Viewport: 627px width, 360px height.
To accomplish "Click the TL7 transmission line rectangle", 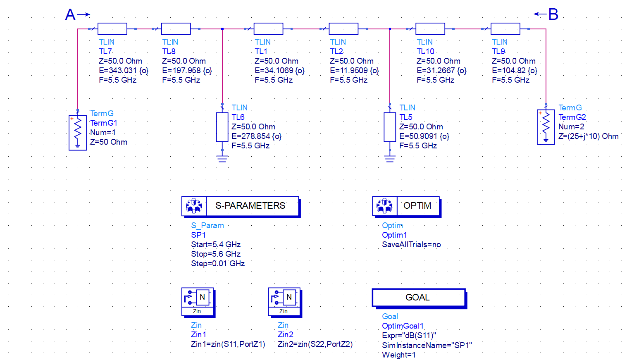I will point(112,29).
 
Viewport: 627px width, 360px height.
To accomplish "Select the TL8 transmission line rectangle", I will point(176,29).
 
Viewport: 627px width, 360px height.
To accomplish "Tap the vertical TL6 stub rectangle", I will point(222,127).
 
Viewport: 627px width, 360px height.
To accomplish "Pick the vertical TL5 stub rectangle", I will point(390,127).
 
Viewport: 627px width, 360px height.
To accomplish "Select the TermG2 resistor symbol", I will point(546,127).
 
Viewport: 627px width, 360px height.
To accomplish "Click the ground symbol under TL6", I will point(222,158).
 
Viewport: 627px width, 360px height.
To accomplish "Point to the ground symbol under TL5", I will point(390,158).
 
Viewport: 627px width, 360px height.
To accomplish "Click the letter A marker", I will point(70,15).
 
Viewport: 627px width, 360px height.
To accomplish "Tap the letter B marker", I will point(553,14).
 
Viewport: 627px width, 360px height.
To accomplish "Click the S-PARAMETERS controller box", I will point(240,206).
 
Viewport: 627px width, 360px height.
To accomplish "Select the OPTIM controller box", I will point(406,206).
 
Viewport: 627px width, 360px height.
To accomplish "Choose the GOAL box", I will point(419,298).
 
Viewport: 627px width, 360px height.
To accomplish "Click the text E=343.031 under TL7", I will point(123,71).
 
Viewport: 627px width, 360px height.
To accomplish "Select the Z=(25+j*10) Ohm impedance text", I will point(588,136).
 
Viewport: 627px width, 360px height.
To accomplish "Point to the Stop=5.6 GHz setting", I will point(216,254).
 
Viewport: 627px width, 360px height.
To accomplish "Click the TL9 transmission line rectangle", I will point(505,29).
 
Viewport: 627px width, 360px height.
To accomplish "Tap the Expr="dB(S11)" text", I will point(409,336).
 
